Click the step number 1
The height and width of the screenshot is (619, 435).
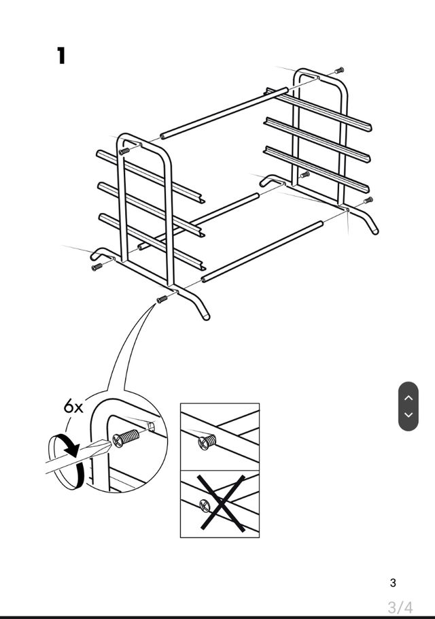(x=61, y=55)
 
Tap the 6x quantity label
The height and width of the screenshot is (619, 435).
(x=73, y=407)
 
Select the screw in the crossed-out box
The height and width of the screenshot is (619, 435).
(x=205, y=505)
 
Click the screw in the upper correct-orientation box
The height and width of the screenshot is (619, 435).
(x=207, y=443)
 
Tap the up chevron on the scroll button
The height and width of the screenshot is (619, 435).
(x=408, y=397)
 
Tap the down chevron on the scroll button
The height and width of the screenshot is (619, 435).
(x=408, y=414)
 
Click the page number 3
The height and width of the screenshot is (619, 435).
(x=393, y=582)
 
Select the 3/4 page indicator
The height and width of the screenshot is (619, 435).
(x=400, y=606)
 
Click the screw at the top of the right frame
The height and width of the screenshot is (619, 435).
(x=338, y=70)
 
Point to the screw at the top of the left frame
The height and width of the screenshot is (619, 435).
(x=124, y=151)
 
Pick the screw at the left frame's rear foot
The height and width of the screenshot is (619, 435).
(x=97, y=267)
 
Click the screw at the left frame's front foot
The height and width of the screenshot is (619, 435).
(x=162, y=299)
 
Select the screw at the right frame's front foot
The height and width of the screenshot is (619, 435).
(x=368, y=201)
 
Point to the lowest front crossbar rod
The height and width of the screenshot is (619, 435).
(x=262, y=251)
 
